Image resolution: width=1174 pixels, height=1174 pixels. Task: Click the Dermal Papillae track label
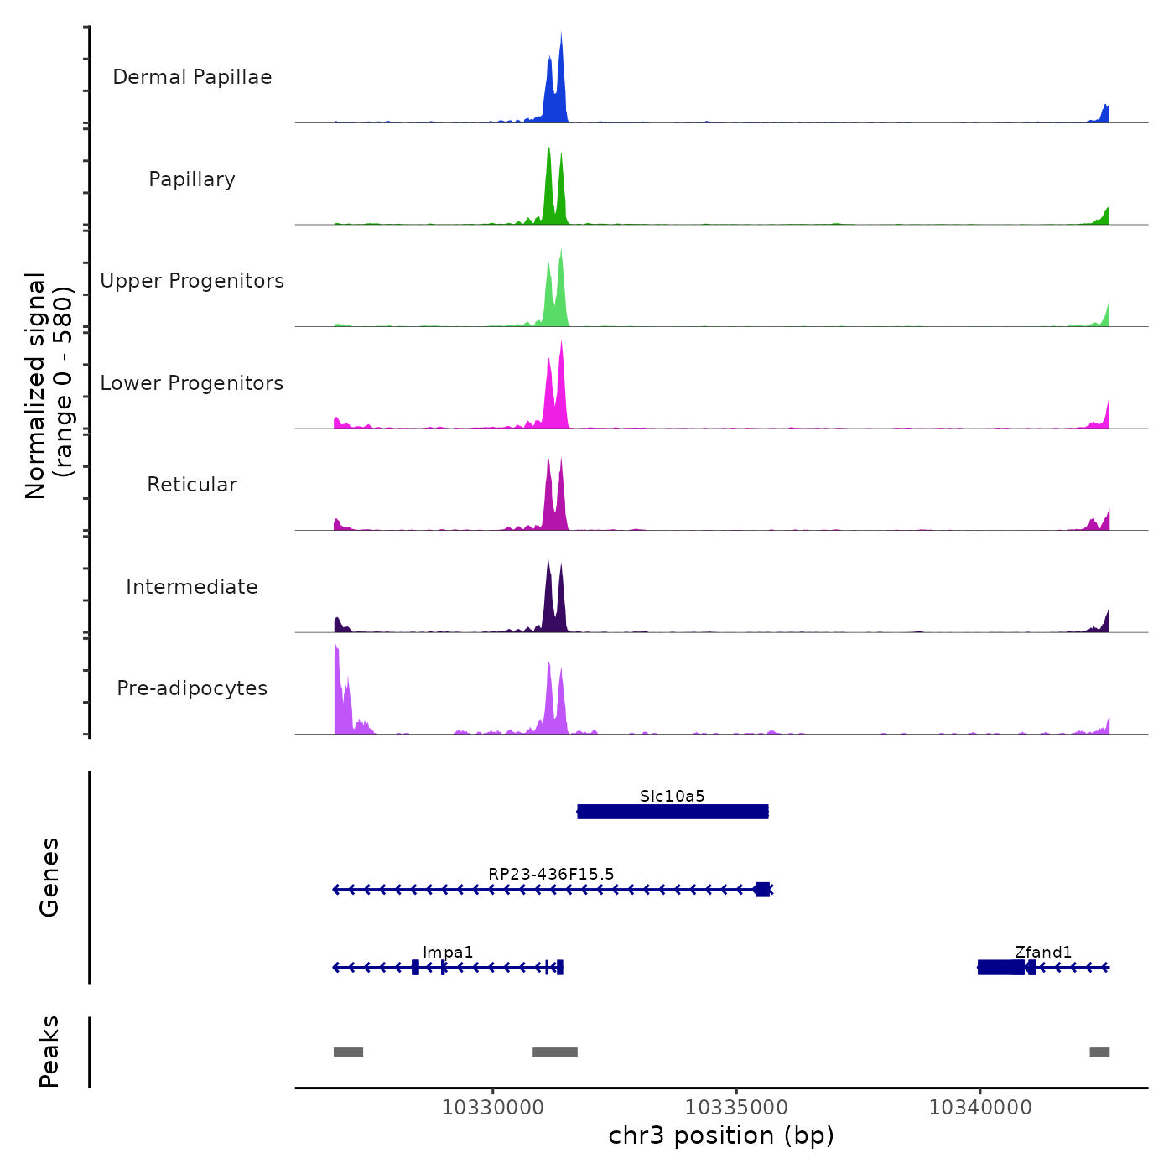(x=192, y=77)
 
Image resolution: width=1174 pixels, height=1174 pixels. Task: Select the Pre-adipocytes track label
(x=192, y=688)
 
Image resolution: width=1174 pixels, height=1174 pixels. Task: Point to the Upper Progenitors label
(x=192, y=281)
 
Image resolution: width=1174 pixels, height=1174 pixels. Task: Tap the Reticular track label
(x=192, y=485)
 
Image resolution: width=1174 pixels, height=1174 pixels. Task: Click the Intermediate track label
(x=192, y=587)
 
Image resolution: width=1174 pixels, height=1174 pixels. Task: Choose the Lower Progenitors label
(x=192, y=383)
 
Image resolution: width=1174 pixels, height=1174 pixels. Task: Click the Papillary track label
(x=192, y=179)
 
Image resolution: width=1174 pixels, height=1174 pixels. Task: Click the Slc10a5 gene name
(x=672, y=796)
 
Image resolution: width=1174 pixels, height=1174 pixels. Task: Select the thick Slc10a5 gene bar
(x=673, y=812)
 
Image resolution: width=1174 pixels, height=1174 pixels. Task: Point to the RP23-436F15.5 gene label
(x=551, y=874)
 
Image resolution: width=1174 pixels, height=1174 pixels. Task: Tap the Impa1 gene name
(x=448, y=952)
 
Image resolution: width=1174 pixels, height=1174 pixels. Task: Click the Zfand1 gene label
(x=1043, y=952)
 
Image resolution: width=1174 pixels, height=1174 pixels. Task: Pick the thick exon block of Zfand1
(x=1000, y=968)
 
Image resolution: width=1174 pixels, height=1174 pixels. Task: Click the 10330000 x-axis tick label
(x=493, y=1107)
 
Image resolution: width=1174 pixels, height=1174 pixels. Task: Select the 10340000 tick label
(x=980, y=1107)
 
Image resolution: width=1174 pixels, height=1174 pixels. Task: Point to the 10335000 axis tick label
(x=736, y=1107)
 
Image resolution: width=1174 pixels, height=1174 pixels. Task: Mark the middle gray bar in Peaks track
(x=555, y=1052)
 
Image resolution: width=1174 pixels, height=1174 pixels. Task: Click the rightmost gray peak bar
(x=1099, y=1052)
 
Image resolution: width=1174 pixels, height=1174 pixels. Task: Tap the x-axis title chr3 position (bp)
(x=721, y=1135)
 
